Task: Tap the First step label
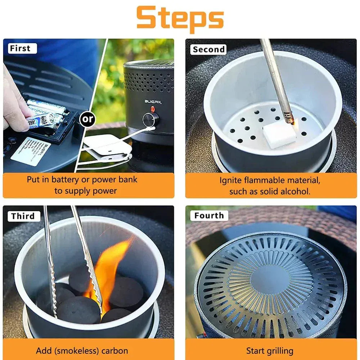[20, 48]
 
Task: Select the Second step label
[209, 49]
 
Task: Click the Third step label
[23, 216]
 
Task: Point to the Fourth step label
[209, 216]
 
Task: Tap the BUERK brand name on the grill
[153, 102]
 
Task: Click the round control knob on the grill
[150, 119]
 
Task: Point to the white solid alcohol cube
[280, 135]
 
